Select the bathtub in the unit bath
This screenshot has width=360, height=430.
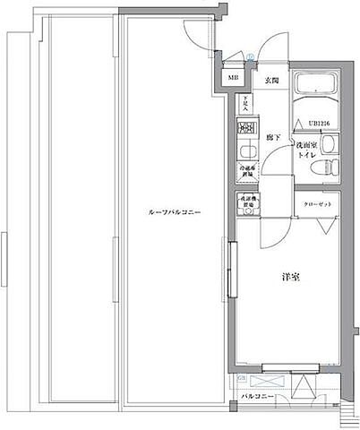click(x=313, y=90)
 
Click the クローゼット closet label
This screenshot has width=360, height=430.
click(x=316, y=205)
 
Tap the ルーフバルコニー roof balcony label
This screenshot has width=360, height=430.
click(x=174, y=212)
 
